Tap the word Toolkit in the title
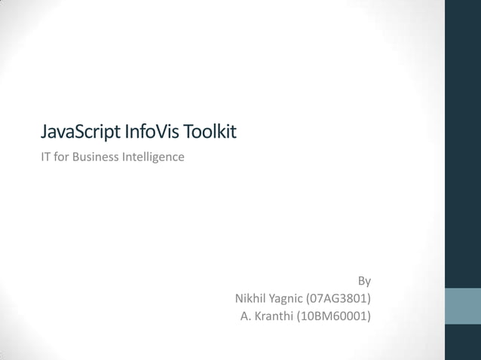pyautogui.click(x=211, y=133)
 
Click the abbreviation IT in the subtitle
pyautogui.click(x=46, y=157)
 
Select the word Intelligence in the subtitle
pyautogui.click(x=153, y=157)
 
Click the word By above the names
pyautogui.click(x=364, y=281)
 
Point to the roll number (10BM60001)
pyautogui.click(x=334, y=316)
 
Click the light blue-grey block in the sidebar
pyautogui.click(x=463, y=306)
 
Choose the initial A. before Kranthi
pyautogui.click(x=246, y=316)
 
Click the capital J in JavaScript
pyautogui.click(x=44, y=133)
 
